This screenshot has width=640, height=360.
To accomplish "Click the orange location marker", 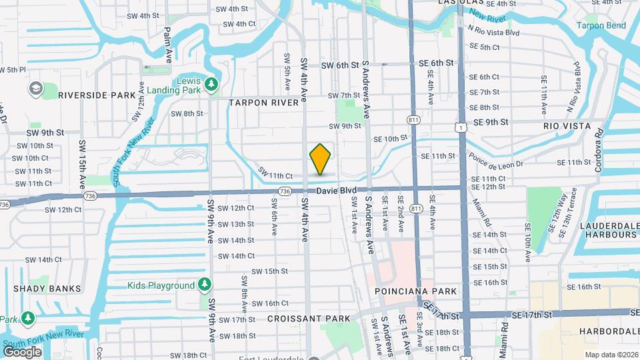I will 320,159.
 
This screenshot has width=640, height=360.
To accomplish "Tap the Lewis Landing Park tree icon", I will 211,84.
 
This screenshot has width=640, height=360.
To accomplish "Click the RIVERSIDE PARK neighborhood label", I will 97,95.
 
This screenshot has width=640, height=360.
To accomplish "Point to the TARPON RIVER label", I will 263,103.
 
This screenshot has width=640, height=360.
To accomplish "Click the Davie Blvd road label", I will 337,191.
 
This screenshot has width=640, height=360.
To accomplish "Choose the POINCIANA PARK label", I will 416,291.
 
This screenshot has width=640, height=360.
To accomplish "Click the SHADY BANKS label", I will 47,289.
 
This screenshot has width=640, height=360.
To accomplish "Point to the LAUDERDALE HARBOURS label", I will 599,230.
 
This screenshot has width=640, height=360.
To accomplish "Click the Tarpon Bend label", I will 601,26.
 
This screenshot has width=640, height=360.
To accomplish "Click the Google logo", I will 23,351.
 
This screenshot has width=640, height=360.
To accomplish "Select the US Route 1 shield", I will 461,126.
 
